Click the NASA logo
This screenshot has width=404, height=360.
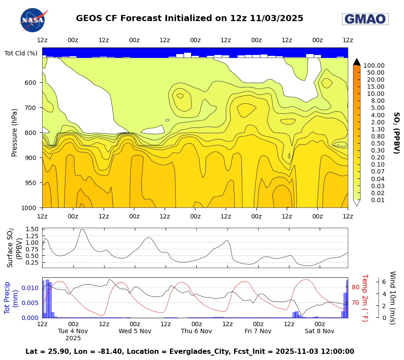point(33,20)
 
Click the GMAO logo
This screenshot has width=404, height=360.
point(365,19)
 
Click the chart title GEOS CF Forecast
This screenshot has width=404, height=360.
point(189,18)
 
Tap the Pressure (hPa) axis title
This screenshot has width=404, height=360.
point(14,132)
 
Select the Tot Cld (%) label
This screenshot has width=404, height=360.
point(21,53)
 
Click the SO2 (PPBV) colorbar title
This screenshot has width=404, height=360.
point(396,132)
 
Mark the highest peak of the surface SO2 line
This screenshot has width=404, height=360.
point(82,229)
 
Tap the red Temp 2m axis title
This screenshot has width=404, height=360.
point(364,298)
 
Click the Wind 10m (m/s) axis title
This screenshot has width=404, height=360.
point(392,298)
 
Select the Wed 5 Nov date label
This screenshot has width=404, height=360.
point(134,331)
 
